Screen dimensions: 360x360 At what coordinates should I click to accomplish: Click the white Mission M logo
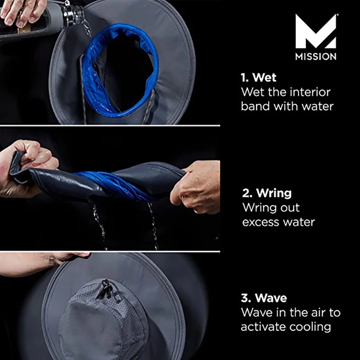point(316,31)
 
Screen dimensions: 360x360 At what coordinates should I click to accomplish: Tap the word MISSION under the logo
point(316,57)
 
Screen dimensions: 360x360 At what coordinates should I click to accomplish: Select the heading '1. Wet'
point(258,77)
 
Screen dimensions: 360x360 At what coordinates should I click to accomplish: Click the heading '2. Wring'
point(267,193)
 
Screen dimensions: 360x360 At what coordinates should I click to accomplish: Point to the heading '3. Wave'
point(264,298)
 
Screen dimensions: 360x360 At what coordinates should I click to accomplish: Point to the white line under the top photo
point(110,126)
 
